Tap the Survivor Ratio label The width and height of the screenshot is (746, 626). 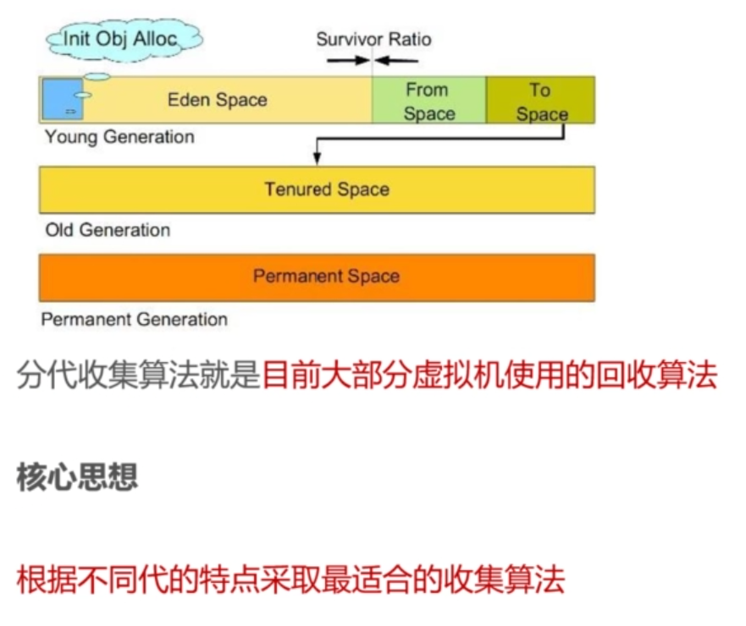[373, 39]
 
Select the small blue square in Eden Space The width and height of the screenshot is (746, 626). [60, 99]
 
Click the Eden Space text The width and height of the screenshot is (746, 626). [217, 100]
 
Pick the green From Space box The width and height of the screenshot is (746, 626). [429, 101]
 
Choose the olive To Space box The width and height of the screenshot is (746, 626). [541, 101]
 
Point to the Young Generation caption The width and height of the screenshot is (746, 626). [119, 137]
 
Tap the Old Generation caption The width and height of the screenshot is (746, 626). [108, 229]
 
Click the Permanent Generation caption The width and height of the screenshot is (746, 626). [134, 320]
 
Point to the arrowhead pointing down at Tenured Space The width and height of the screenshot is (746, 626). [317, 157]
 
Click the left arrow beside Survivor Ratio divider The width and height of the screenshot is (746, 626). [346, 61]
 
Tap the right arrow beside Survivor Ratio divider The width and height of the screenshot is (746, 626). [398, 61]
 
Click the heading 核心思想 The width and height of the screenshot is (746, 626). [77, 478]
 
